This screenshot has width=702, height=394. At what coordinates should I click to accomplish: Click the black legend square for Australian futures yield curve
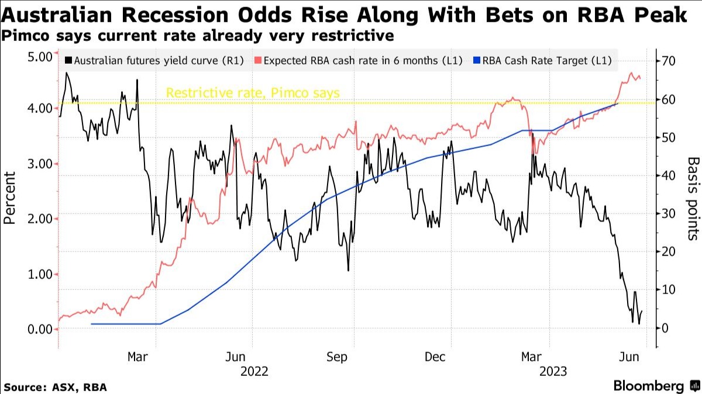click(x=69, y=60)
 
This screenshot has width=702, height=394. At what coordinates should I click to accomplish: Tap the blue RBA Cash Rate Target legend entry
click(x=550, y=60)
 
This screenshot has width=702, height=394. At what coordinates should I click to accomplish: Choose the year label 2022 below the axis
click(x=254, y=371)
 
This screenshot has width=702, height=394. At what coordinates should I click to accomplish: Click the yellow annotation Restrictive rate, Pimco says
click(x=253, y=93)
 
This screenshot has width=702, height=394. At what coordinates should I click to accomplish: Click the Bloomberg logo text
click(x=648, y=386)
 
